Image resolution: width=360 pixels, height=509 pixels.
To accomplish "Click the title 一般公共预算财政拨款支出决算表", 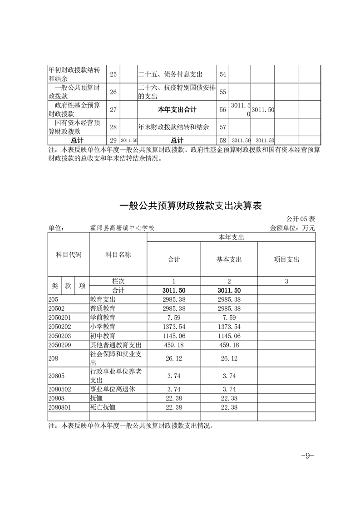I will click(191, 206).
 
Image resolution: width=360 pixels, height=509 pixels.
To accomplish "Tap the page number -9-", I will click(308, 455).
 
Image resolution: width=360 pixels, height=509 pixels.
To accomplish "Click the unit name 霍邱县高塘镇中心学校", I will click(126, 228).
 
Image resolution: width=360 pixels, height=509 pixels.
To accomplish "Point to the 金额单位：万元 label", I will click(292, 228).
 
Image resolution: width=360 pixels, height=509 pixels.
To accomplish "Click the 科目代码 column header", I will click(69, 255).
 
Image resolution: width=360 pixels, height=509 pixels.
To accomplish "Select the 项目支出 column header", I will click(286, 259).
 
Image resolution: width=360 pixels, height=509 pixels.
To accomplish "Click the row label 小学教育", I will click(103, 326).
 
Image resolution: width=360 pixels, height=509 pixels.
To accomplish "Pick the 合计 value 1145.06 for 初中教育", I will click(174, 336).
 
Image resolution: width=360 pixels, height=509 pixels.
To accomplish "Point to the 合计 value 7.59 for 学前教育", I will click(174, 317).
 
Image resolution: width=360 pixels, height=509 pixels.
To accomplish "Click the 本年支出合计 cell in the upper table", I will click(177, 109).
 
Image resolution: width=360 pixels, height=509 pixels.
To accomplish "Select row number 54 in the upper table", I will click(222, 74).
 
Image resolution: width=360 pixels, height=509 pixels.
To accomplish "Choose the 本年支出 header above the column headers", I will click(231, 237).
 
